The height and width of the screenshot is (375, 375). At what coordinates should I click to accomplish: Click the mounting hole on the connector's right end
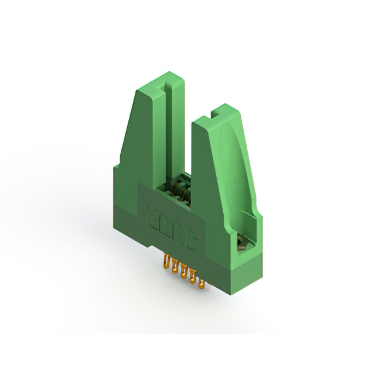point(240,241)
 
